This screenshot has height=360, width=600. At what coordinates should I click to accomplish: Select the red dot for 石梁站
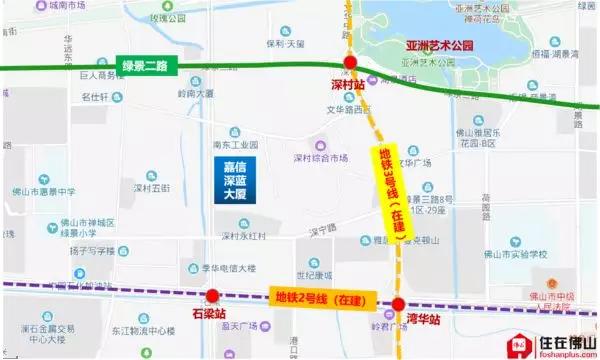(x=213, y=296)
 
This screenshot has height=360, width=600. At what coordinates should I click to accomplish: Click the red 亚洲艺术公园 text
(x=439, y=46)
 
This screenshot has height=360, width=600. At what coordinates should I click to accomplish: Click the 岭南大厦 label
(x=195, y=93)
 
